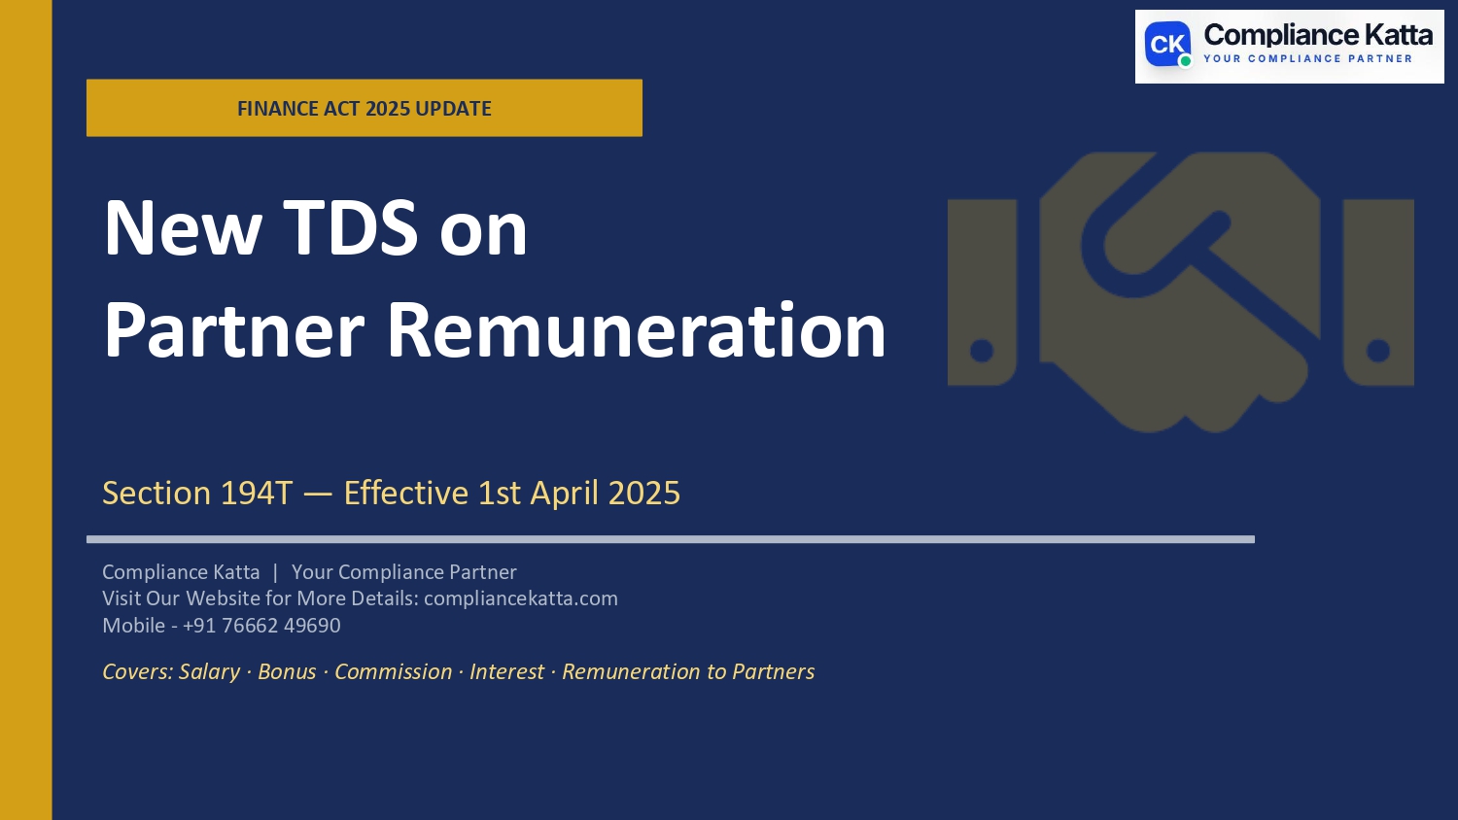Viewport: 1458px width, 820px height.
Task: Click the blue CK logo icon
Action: coord(1167,45)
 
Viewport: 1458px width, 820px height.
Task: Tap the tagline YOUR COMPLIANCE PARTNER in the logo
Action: coord(1307,59)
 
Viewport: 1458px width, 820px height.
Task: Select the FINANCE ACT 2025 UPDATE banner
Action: coord(364,108)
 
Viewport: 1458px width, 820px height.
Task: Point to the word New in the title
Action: coord(183,228)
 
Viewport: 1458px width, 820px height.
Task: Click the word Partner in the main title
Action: coord(233,331)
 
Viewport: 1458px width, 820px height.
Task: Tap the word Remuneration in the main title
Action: coord(636,331)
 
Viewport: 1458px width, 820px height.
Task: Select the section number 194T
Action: coord(257,494)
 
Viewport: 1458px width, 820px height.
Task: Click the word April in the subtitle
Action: coord(564,494)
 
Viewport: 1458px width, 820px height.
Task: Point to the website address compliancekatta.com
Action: coord(521,598)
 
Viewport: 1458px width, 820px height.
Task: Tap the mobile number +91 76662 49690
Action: coord(261,626)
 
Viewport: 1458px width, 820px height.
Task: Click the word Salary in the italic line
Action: coord(209,672)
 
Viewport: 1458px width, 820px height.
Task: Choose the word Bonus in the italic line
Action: coord(287,672)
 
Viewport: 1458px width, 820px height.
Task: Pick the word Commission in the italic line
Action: coord(393,672)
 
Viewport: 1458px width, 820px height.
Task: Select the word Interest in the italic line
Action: coord(506,672)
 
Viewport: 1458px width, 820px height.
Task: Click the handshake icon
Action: coord(1180,291)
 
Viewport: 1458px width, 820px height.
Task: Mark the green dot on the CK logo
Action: coord(1185,61)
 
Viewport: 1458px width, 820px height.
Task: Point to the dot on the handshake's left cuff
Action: coord(982,351)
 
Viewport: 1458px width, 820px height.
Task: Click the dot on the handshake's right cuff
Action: coord(1378,351)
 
